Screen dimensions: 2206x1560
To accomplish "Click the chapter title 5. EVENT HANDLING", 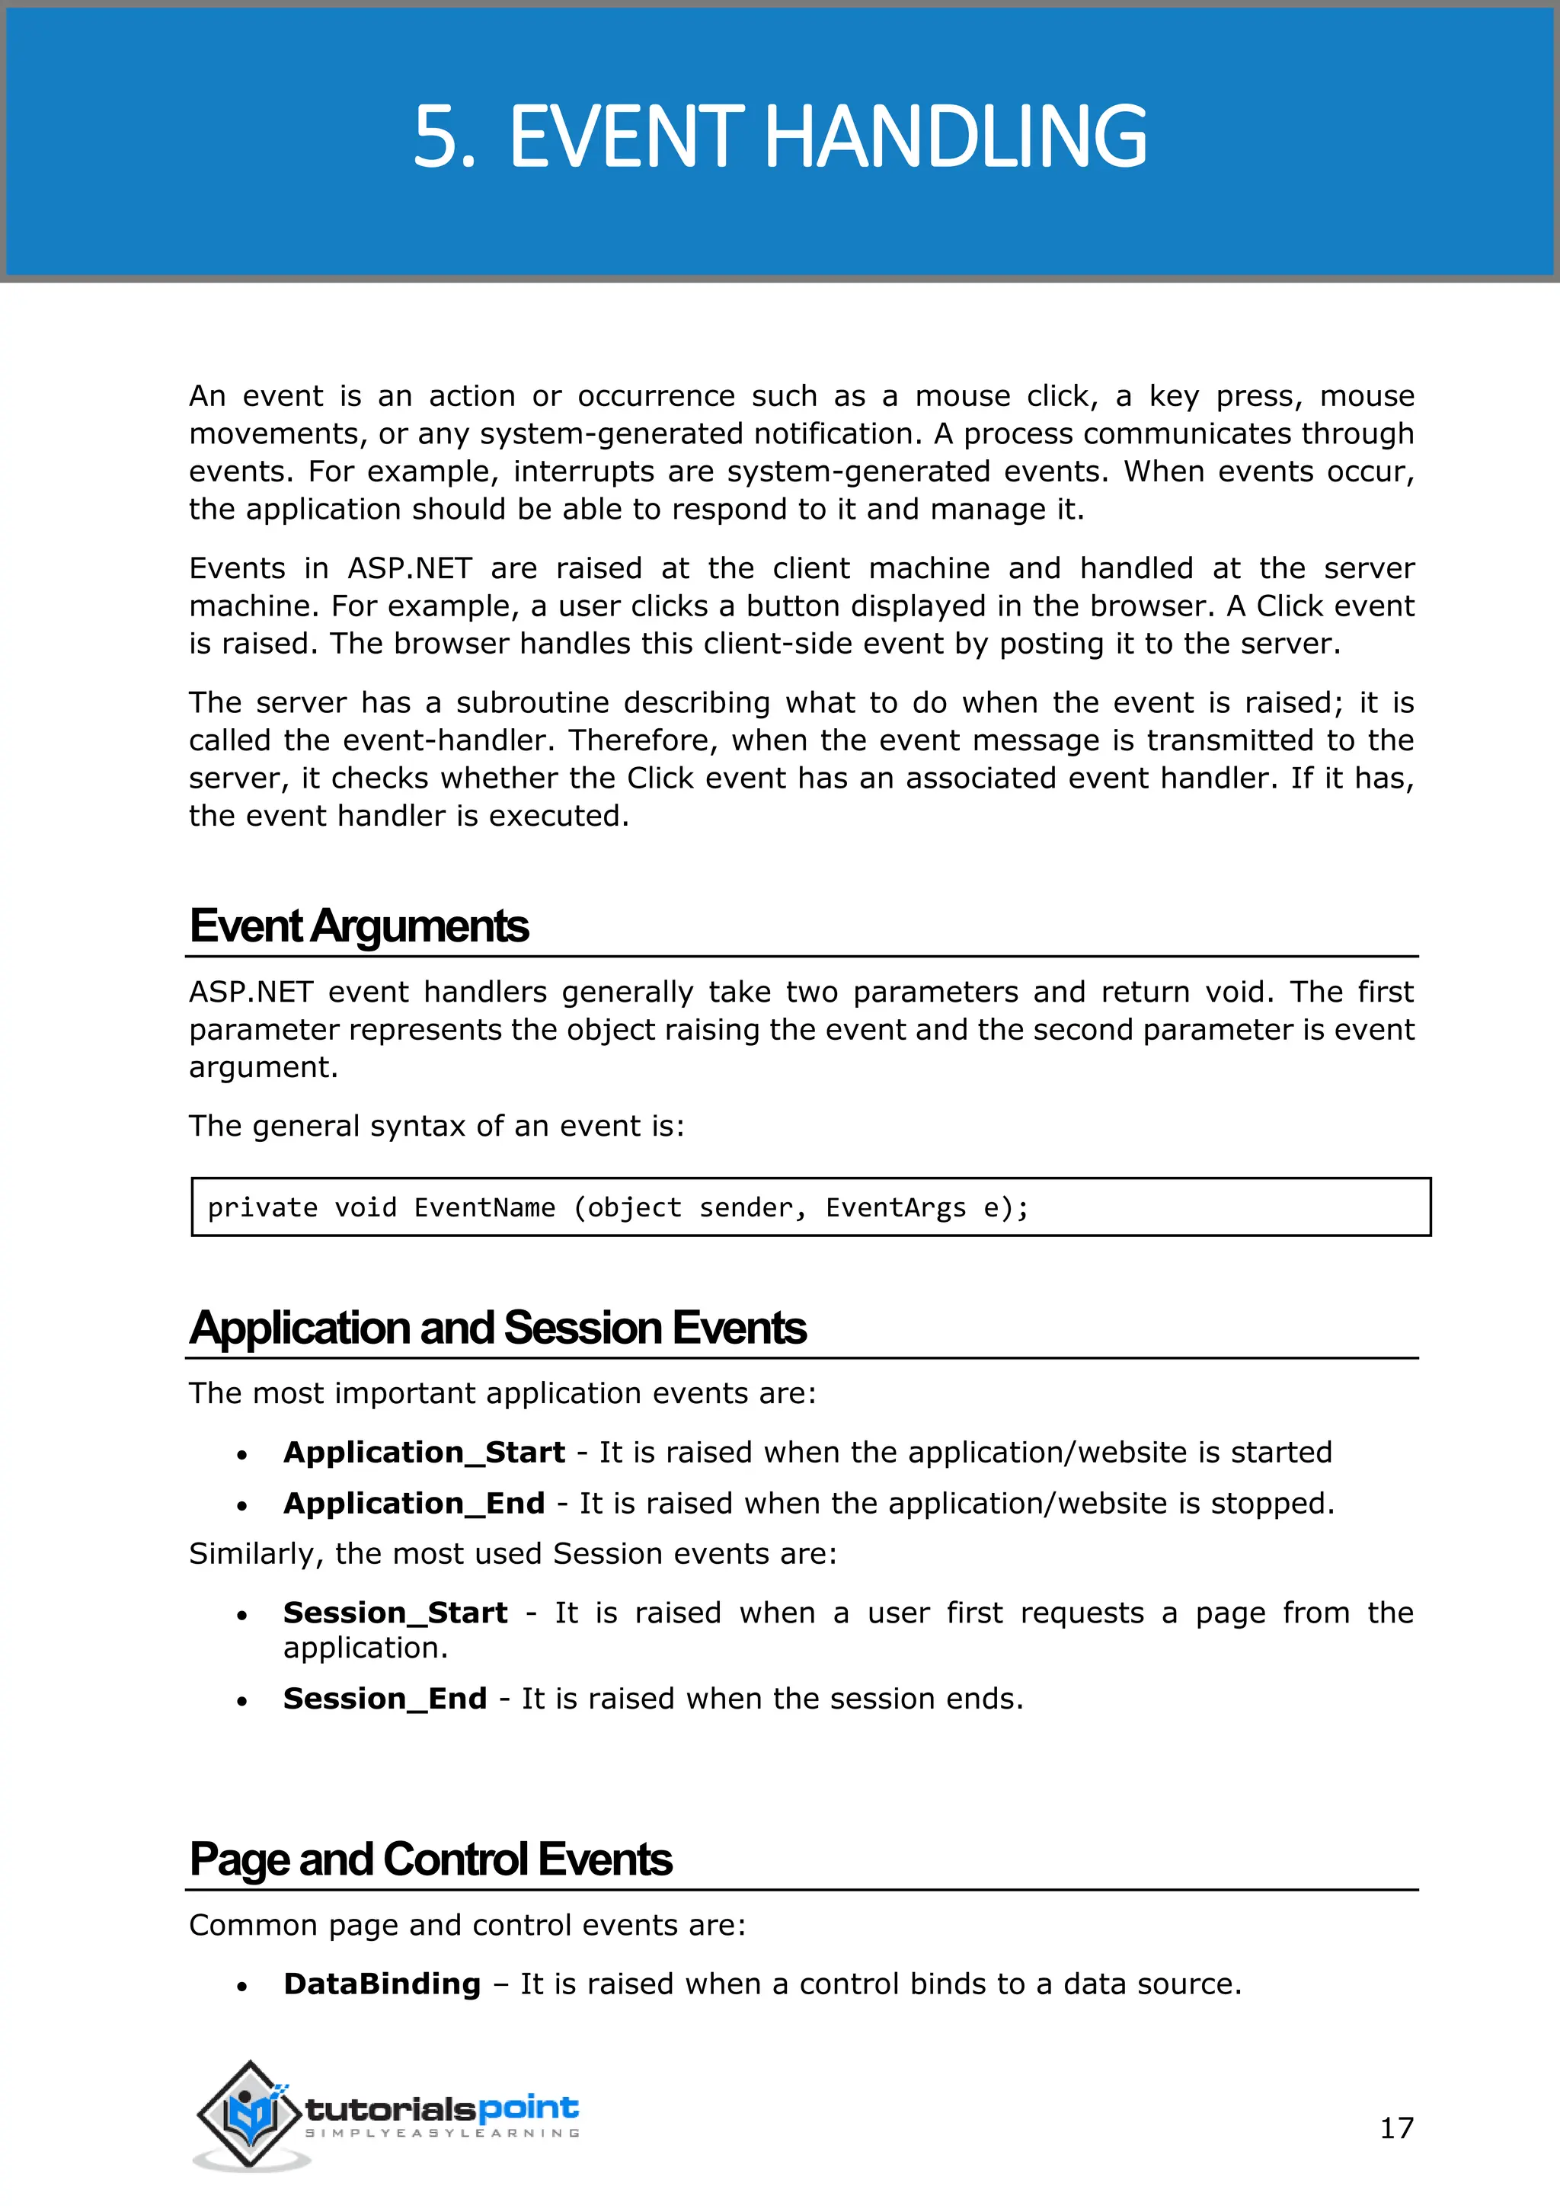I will coord(779,137).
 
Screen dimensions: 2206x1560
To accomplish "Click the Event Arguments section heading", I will coord(358,926).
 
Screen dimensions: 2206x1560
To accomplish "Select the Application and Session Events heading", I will coord(497,1328).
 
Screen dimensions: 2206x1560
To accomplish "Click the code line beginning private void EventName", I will coord(618,1207).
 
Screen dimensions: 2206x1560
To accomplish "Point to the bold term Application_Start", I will coord(424,1452).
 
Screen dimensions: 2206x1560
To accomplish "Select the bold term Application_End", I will coord(414,1503).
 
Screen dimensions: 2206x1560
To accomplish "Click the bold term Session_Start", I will coord(395,1613).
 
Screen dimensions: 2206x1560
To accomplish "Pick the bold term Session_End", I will coord(384,1699).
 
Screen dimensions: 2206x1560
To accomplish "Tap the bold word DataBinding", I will coord(382,1984).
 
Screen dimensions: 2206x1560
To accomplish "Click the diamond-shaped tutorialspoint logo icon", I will coord(251,2113).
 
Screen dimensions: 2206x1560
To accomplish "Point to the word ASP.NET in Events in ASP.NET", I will coord(409,569).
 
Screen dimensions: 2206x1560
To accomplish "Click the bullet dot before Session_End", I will coord(242,1702).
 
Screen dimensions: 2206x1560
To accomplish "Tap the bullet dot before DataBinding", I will coord(242,1987).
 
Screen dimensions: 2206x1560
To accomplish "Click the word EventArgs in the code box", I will coord(895,1207).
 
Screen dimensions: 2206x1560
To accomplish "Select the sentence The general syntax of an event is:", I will coord(436,1126).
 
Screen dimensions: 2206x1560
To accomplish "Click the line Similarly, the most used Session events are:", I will coord(512,1554).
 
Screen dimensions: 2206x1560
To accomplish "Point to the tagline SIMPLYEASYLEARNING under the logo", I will coord(443,2133).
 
